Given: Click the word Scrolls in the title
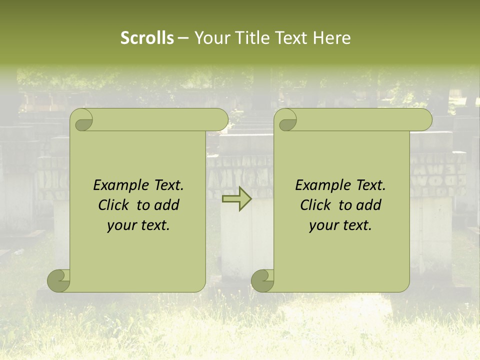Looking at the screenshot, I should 147,38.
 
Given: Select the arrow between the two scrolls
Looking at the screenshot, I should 237,199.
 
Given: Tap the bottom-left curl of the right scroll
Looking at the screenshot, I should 263,280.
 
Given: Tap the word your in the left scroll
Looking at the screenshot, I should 122,225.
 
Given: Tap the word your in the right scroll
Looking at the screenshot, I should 324,225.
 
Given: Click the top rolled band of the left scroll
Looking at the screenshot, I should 155,119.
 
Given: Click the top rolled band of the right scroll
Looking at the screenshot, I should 360,119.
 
